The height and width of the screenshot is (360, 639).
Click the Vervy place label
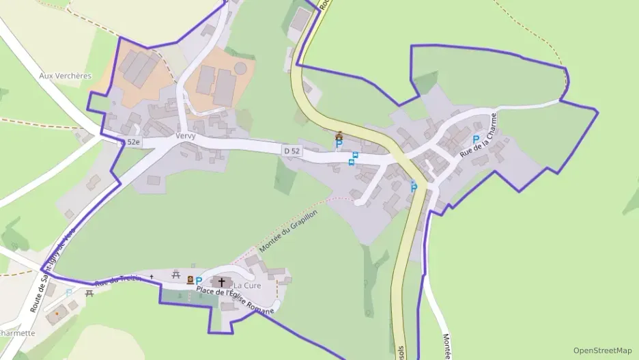pyautogui.click(x=185, y=136)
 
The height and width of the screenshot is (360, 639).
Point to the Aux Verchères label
pyautogui.click(x=65, y=76)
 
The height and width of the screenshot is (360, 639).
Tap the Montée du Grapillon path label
pyautogui.click(x=289, y=232)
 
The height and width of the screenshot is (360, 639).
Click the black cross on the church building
pyautogui.click(x=221, y=281)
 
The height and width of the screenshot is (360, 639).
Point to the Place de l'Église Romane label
pyautogui.click(x=235, y=301)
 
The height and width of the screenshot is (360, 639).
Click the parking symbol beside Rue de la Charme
pyautogui.click(x=476, y=139)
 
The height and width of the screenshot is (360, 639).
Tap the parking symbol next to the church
pyautogui.click(x=199, y=281)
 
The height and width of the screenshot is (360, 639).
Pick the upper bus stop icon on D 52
pyautogui.click(x=355, y=155)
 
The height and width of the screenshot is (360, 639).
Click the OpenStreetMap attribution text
pyautogui.click(x=602, y=350)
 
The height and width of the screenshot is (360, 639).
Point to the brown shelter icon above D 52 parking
pyautogui.click(x=339, y=135)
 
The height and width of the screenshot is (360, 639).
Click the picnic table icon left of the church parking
pyautogui.click(x=177, y=275)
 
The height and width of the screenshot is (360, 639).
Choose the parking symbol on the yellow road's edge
pyautogui.click(x=413, y=186)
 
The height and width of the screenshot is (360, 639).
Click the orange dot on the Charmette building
pyautogui.click(x=57, y=314)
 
